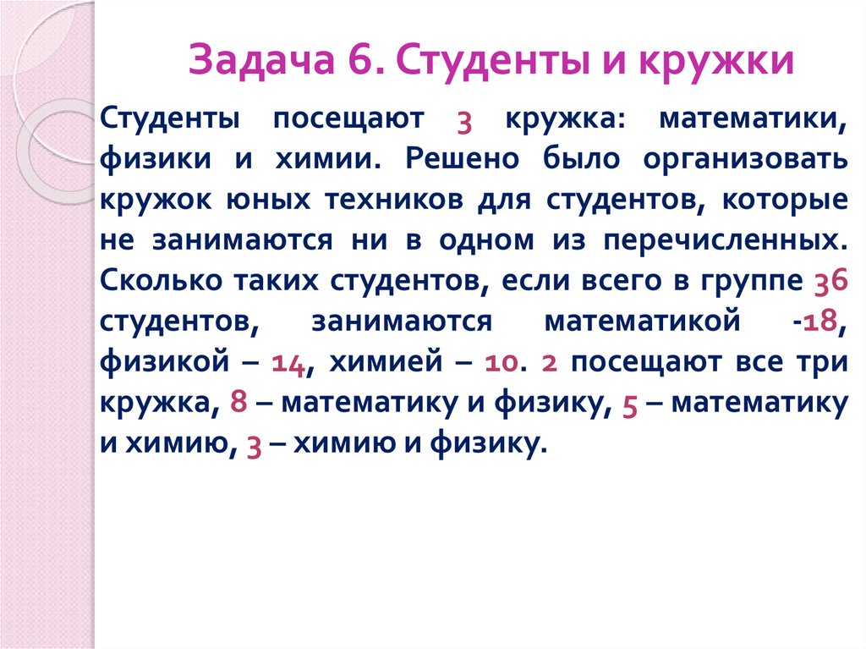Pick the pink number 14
289,363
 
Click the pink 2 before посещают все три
549,363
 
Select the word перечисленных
724,240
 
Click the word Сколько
158,280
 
